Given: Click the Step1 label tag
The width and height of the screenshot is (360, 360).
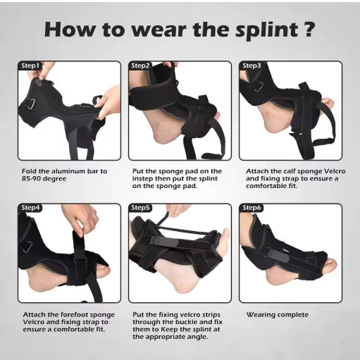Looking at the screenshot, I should (30, 66).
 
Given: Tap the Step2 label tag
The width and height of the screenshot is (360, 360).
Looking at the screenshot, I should (141, 66).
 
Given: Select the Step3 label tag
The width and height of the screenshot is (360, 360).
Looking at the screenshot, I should (252, 66).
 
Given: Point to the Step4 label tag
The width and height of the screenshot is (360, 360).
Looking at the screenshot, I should (30, 208).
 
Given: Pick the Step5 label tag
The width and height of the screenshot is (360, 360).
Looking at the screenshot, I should (141, 208).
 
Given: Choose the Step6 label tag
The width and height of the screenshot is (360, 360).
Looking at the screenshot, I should (252, 208).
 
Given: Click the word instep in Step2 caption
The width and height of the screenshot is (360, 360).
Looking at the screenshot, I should (145, 178).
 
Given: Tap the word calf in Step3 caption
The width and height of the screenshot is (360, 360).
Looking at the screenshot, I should (286, 170).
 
